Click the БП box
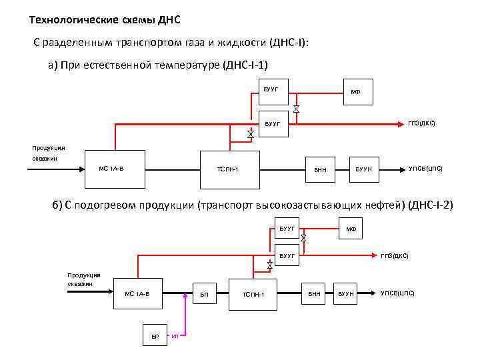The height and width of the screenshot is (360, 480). click(x=204, y=294)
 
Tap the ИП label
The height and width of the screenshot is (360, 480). click(x=175, y=337)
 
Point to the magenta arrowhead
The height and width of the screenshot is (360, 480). click(x=185, y=294)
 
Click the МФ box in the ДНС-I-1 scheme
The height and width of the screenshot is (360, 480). click(x=355, y=91)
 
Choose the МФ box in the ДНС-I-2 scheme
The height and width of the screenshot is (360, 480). click(x=351, y=230)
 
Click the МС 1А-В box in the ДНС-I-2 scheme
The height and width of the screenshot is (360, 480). click(x=138, y=294)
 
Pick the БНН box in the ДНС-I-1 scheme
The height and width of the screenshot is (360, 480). click(x=320, y=169)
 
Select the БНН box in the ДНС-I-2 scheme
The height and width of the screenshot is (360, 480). click(x=314, y=294)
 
